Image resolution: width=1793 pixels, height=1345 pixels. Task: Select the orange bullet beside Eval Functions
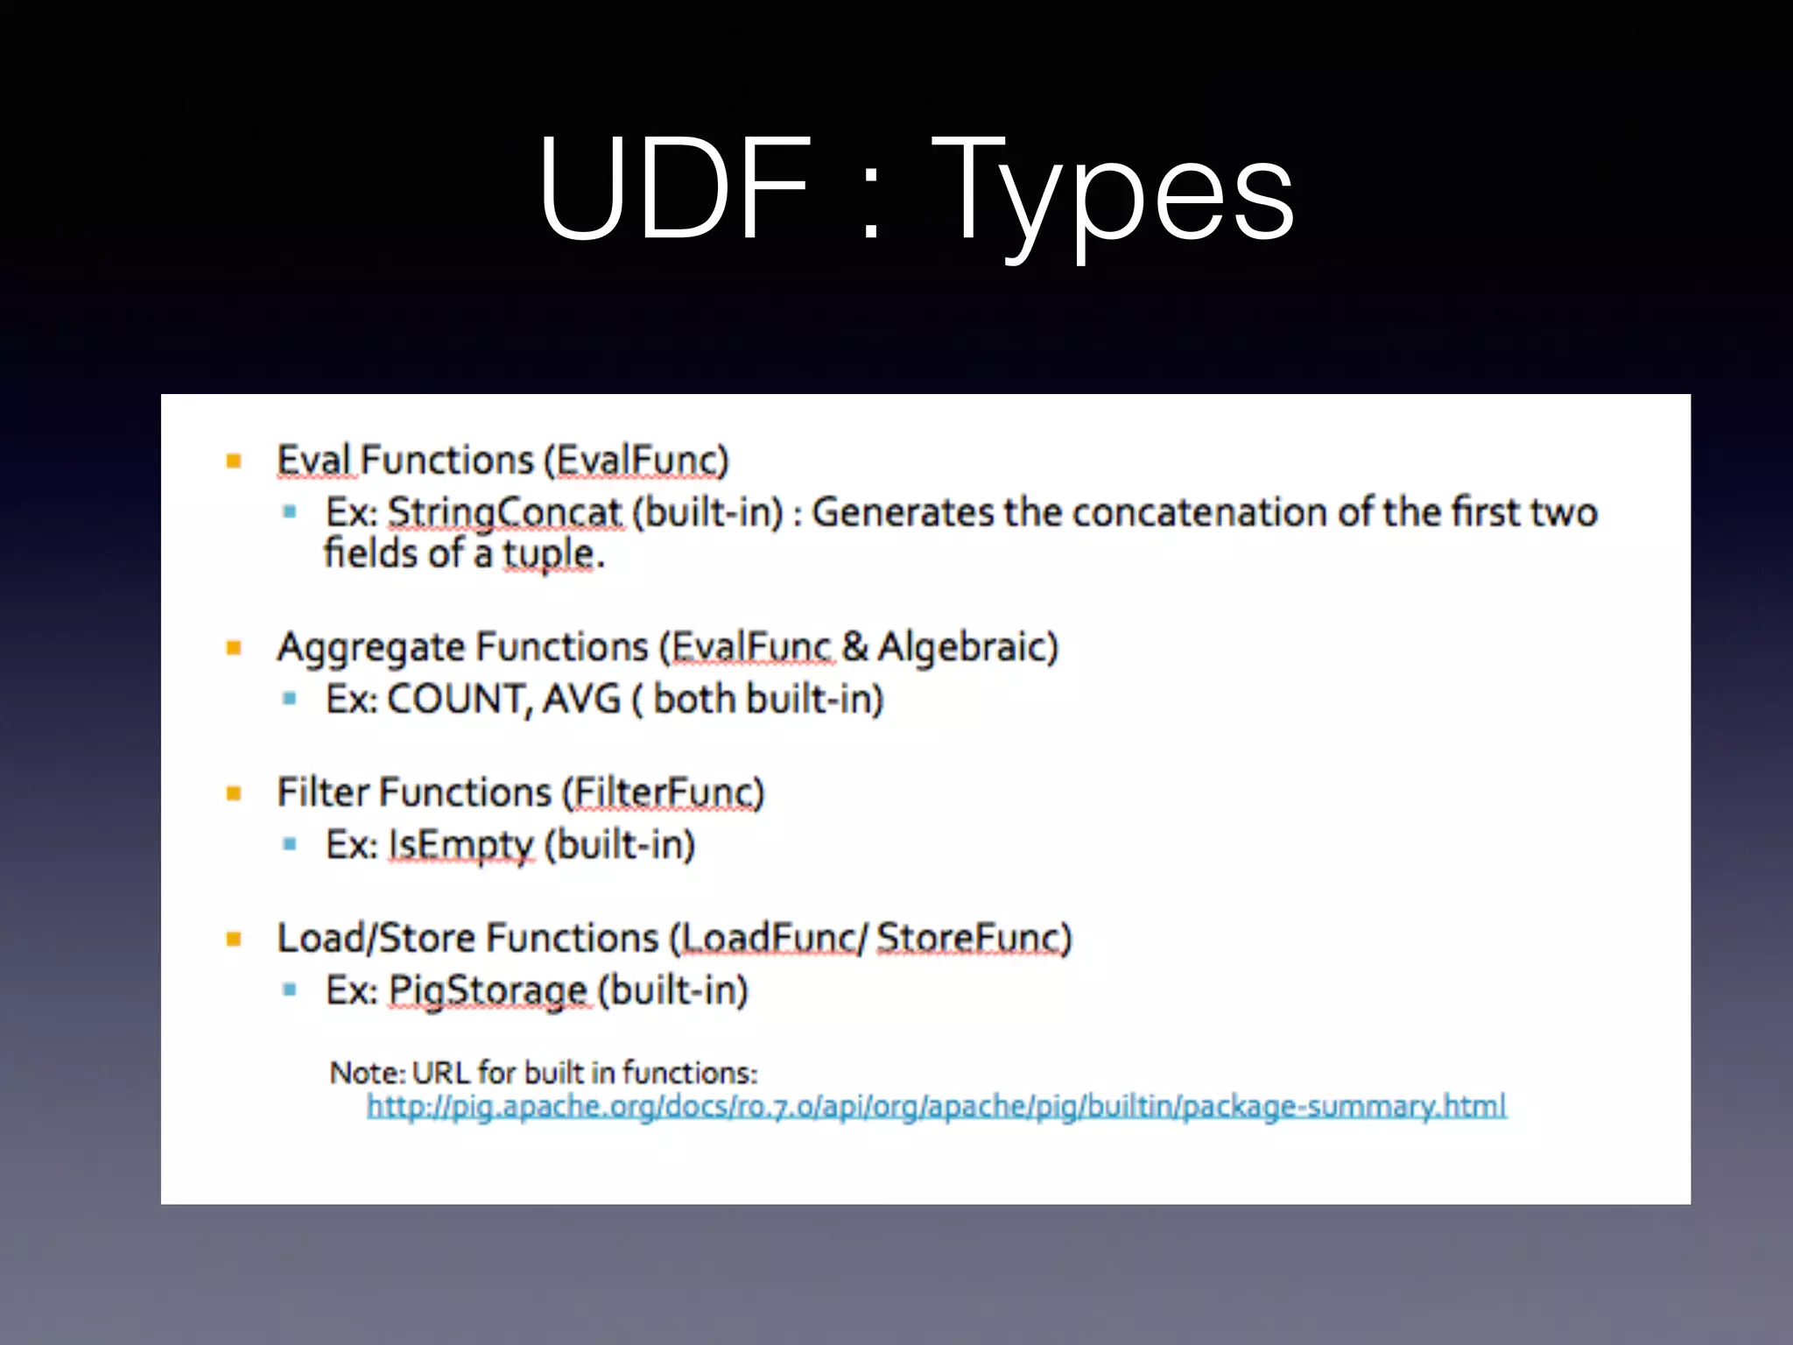(234, 461)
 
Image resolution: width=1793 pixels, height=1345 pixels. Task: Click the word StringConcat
(504, 512)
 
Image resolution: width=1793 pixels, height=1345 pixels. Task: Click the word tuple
(548, 554)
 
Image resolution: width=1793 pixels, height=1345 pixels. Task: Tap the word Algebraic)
(967, 647)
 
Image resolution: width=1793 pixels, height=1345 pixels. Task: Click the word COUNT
(458, 700)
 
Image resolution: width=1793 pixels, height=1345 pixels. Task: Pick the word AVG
(581, 700)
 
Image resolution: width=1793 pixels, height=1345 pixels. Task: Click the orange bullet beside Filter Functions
(234, 793)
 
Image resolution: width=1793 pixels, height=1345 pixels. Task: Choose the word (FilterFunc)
(663, 792)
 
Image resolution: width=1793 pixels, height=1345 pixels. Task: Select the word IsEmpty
(461, 846)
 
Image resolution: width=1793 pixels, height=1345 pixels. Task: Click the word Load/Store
(375, 939)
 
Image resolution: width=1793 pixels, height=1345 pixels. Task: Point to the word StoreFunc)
(974, 939)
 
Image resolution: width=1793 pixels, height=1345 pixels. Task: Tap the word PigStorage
(488, 991)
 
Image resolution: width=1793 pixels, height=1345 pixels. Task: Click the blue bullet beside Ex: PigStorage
(290, 990)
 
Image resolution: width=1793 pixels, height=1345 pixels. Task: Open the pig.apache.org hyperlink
(936, 1107)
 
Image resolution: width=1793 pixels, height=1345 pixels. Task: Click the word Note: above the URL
(368, 1073)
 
